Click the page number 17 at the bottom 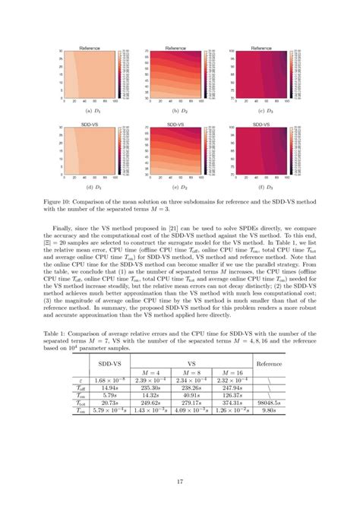tap(180, 481)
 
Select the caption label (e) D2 tap(180, 185)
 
